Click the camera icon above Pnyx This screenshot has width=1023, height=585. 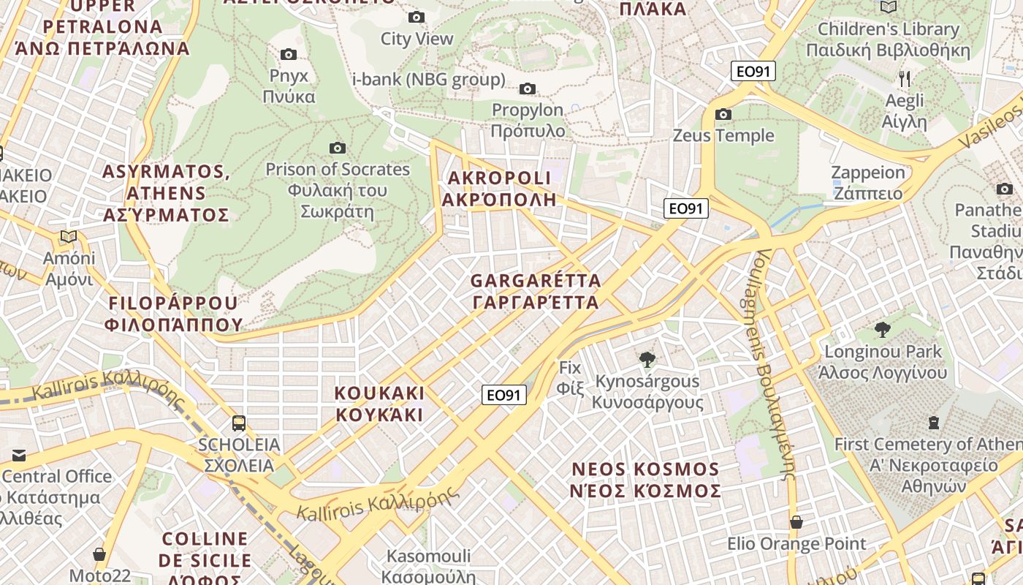click(x=289, y=54)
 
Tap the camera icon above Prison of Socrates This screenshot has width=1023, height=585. click(x=337, y=148)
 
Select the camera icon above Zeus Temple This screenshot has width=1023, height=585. click(x=723, y=114)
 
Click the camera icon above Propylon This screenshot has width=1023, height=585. click(x=527, y=89)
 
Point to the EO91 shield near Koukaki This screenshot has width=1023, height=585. click(x=504, y=395)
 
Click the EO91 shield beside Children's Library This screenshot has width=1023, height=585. click(x=753, y=71)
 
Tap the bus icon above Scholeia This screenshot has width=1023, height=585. click(x=238, y=423)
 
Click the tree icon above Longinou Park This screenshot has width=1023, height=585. click(x=882, y=330)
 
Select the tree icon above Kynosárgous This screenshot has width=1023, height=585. click(x=647, y=359)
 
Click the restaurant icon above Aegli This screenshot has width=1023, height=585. click(x=905, y=78)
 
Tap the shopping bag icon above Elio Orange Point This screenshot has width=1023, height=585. click(x=796, y=522)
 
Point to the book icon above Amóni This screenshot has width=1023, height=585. click(x=69, y=236)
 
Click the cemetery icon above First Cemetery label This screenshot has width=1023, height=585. click(x=933, y=422)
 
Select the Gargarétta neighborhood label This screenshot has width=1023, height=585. click(x=536, y=291)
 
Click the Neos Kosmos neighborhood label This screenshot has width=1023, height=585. click(x=645, y=480)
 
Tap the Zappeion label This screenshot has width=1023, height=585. click(x=869, y=183)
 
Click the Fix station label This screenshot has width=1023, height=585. click(x=570, y=377)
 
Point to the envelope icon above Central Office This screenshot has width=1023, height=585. click(x=18, y=456)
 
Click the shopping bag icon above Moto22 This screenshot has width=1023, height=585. click(x=99, y=554)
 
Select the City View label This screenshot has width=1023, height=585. click(x=417, y=39)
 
